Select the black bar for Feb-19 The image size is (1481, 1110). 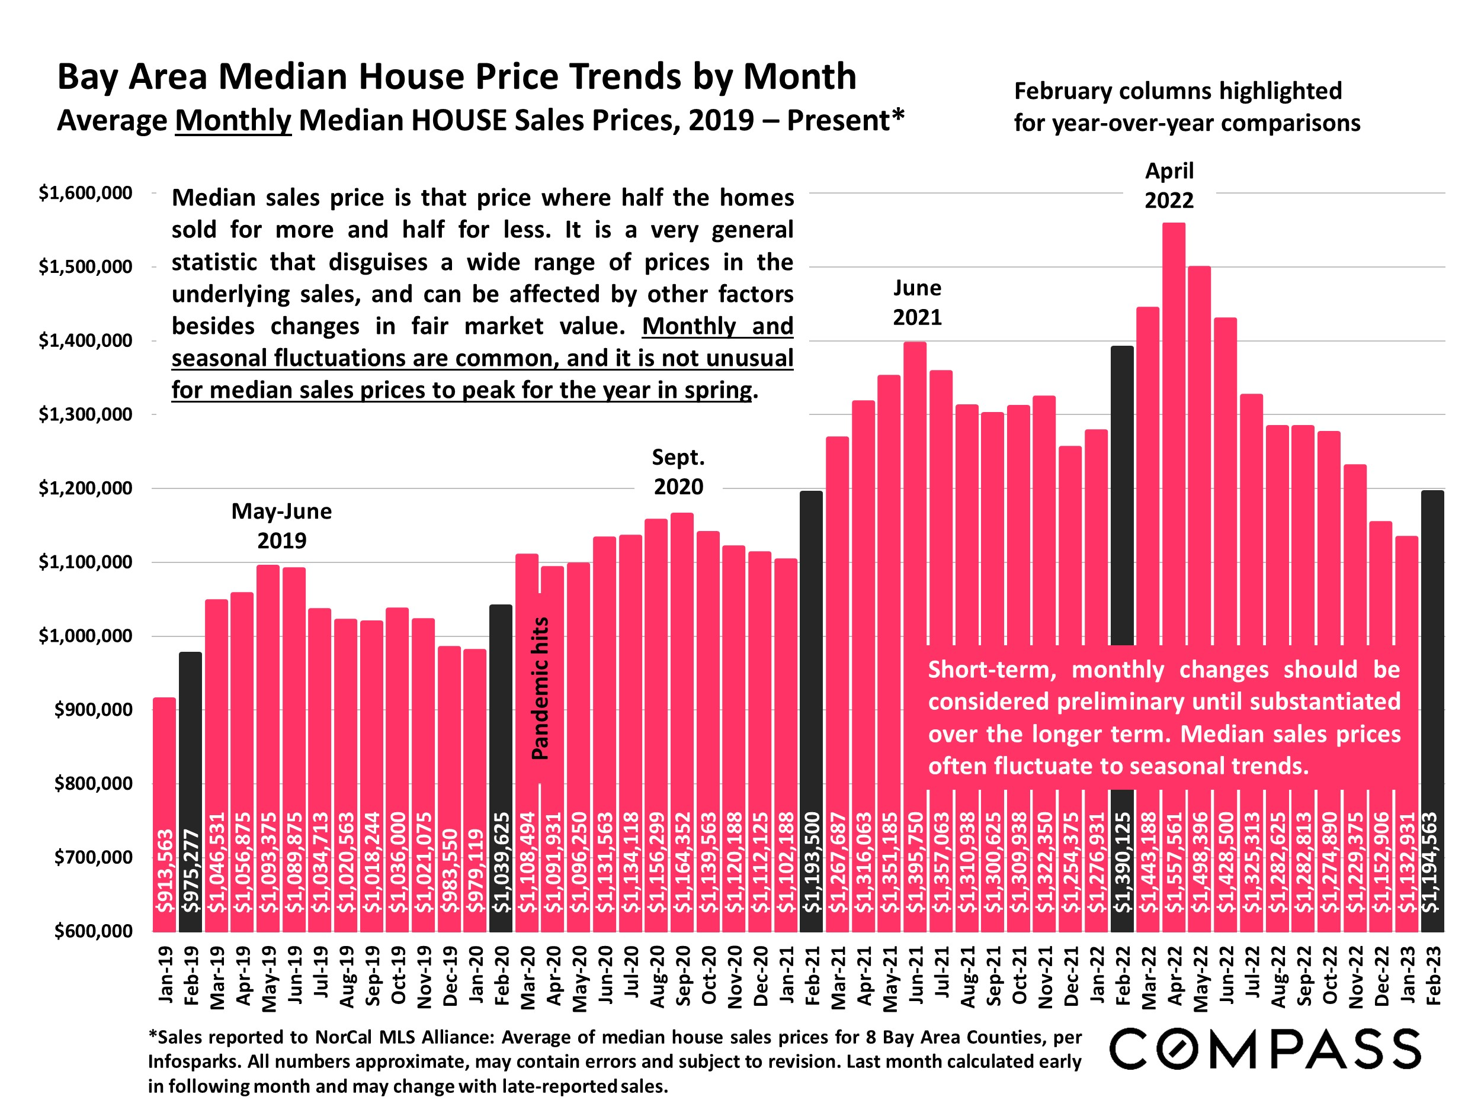(x=191, y=736)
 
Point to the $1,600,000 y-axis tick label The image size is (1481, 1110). (x=85, y=194)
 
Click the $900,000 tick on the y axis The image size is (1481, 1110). (x=93, y=709)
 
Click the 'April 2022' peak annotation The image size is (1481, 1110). (x=1169, y=185)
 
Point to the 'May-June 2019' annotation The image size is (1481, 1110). (x=282, y=526)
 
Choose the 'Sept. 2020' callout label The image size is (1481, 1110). (x=678, y=472)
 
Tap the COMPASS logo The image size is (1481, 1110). (x=1265, y=1049)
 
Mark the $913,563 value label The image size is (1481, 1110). (x=165, y=870)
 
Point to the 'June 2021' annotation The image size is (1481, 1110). (x=917, y=303)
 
